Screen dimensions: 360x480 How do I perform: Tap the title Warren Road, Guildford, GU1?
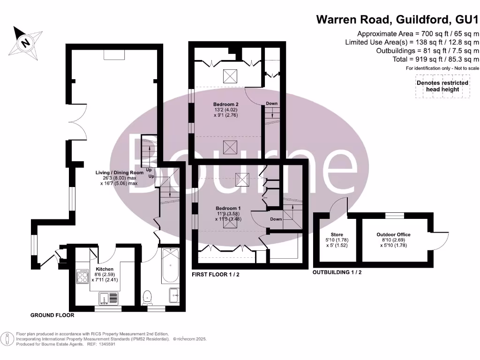[398, 19]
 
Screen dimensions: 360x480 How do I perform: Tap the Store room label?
[337, 234]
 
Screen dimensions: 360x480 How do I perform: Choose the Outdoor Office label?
[394, 234]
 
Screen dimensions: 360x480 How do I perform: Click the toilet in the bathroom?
[148, 297]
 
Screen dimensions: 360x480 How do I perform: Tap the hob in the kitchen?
[83, 277]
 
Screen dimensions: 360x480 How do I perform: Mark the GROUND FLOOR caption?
[52, 315]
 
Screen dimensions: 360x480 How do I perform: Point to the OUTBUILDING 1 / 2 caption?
[337, 272]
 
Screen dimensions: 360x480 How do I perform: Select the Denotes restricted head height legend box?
[442, 86]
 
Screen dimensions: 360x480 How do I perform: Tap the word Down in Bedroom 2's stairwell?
[271, 103]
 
